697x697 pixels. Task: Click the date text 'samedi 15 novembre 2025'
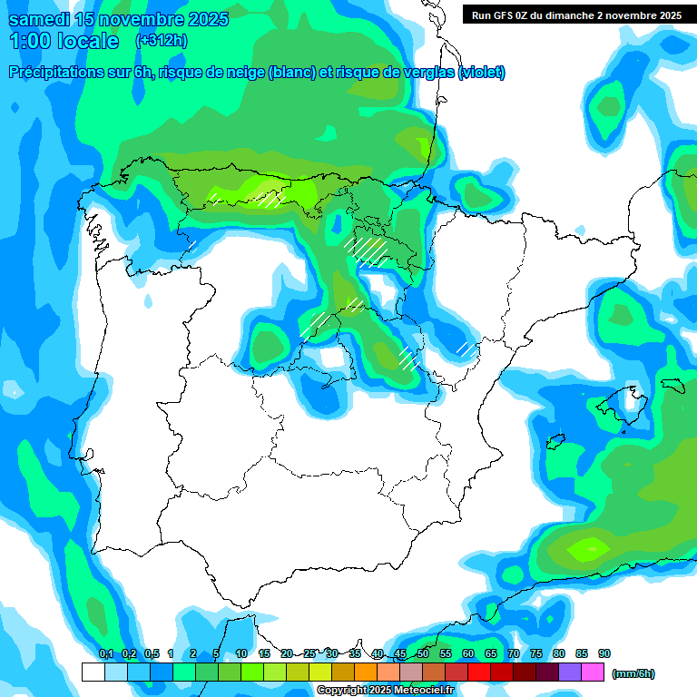tap(119, 19)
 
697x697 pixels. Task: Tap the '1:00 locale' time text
tap(64, 41)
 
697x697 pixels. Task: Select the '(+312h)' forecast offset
tap(162, 41)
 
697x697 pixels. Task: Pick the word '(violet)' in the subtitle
tap(482, 73)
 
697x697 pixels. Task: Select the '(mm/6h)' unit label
tap(633, 673)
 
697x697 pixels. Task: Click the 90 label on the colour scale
tap(604, 653)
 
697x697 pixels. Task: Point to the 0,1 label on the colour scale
tap(105, 653)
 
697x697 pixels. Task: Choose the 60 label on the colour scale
tap(468, 653)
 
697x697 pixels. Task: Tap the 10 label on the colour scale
tap(241, 653)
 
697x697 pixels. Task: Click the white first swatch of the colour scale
tap(93, 672)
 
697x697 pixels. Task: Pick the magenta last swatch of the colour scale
tap(593, 672)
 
